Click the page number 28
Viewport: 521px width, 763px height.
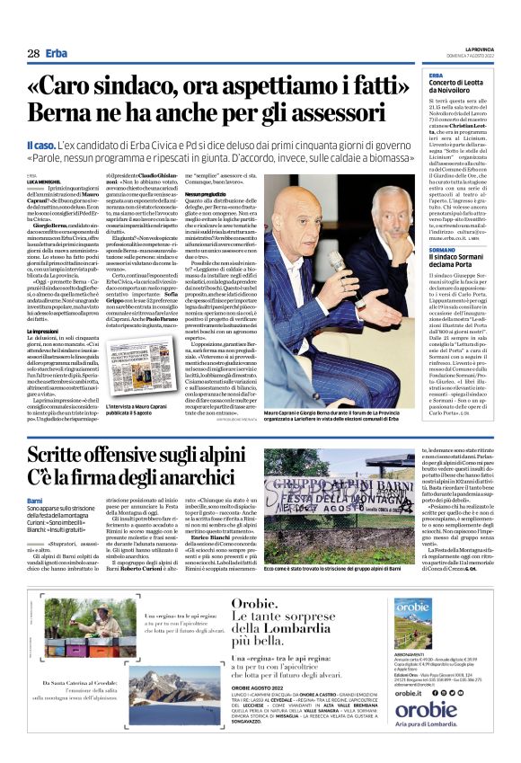coord(33,54)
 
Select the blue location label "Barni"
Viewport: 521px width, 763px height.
coord(34,500)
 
